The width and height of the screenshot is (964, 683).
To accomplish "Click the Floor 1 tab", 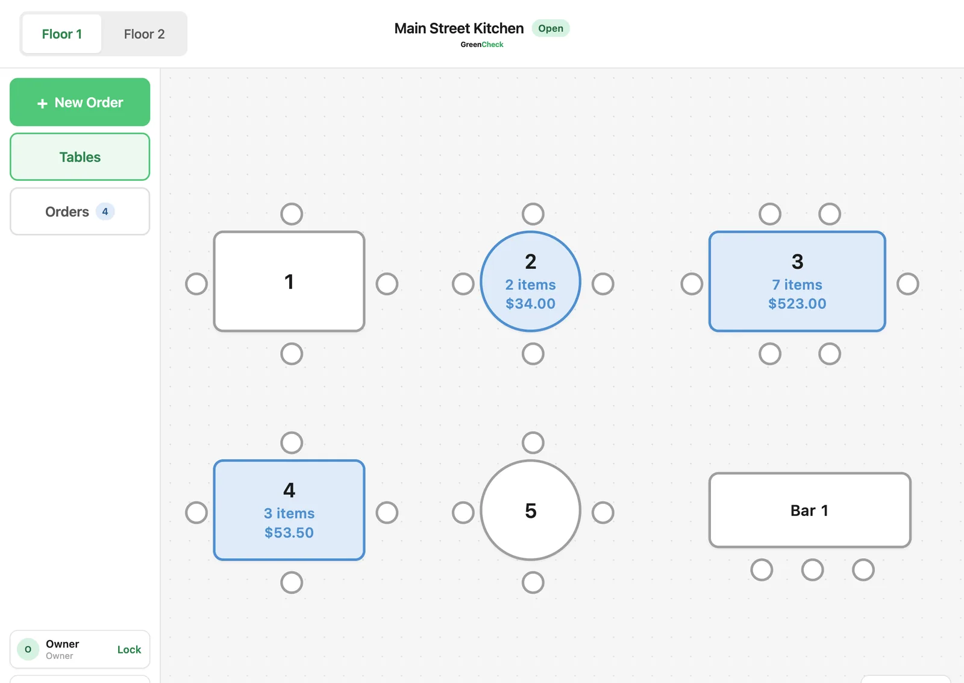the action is pyautogui.click(x=62, y=34).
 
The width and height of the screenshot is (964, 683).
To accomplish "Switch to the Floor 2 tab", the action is pyautogui.click(x=144, y=34).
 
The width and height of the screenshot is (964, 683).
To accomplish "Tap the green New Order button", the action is pyautogui.click(x=80, y=102).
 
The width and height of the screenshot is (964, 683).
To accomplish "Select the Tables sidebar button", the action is pyautogui.click(x=80, y=157).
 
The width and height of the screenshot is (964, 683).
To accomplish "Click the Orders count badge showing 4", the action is pyautogui.click(x=105, y=212).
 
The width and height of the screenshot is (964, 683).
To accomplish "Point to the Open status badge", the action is pyautogui.click(x=551, y=28).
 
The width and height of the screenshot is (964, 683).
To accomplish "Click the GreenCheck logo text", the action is pyautogui.click(x=481, y=45).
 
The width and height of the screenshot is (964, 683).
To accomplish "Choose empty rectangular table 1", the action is pyautogui.click(x=289, y=282).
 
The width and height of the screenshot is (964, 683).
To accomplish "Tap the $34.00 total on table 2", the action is pyautogui.click(x=530, y=304).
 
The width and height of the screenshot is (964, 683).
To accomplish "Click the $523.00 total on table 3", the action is pyautogui.click(x=797, y=304).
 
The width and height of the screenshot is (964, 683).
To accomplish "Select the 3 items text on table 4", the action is pyautogui.click(x=289, y=514).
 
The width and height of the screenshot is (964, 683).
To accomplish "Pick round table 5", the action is pyautogui.click(x=531, y=511).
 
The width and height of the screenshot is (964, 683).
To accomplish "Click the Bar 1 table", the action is pyautogui.click(x=810, y=511).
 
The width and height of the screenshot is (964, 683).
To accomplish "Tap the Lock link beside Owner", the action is pyautogui.click(x=129, y=649).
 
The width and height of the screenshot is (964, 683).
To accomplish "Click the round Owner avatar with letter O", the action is pyautogui.click(x=28, y=649).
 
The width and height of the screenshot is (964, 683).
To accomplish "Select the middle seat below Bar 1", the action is pyautogui.click(x=813, y=570).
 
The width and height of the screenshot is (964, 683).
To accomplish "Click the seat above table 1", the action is pyautogui.click(x=292, y=214).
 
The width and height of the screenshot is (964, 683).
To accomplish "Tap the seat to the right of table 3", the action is pyautogui.click(x=908, y=284).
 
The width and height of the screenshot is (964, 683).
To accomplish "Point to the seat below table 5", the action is pyautogui.click(x=533, y=583).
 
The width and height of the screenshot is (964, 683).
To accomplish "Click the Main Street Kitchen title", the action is pyautogui.click(x=459, y=28).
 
